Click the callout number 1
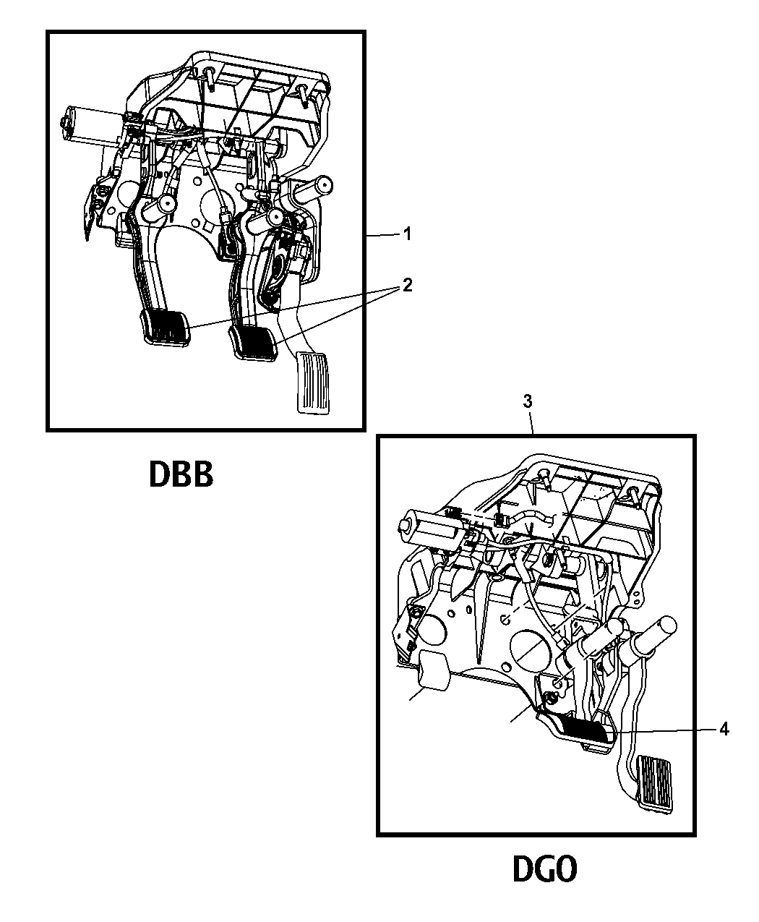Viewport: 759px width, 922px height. point(408,234)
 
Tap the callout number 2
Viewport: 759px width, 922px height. point(407,285)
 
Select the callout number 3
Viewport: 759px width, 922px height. point(527,401)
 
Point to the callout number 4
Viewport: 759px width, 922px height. point(724,730)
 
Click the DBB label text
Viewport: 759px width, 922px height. point(181,474)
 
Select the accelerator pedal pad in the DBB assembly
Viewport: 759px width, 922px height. point(312,383)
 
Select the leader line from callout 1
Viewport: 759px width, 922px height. point(383,236)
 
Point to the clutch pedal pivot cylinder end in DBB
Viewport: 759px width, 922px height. point(168,204)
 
